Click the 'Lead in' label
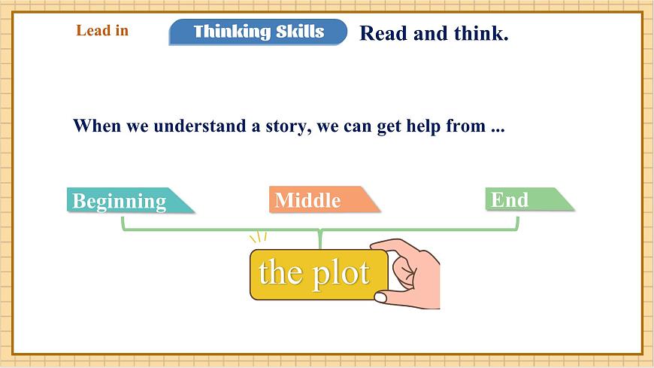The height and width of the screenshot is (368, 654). pos(102,31)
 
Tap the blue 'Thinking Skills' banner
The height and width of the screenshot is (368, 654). pos(258,32)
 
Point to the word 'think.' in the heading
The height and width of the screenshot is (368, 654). pos(480,34)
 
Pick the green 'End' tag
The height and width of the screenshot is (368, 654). pos(519,199)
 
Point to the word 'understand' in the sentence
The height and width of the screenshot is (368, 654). pos(198,126)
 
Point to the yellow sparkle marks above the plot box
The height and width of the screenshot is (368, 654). pos(259,238)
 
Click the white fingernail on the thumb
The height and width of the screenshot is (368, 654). pos(380,297)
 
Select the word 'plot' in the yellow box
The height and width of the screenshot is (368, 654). pos(341,273)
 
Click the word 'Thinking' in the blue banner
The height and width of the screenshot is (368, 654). pos(230,32)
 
